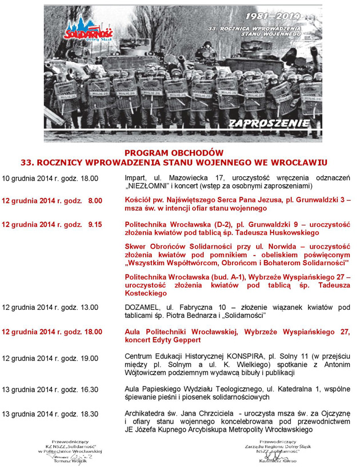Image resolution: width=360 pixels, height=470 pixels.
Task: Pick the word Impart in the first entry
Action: pyautogui.click(x=136, y=178)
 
